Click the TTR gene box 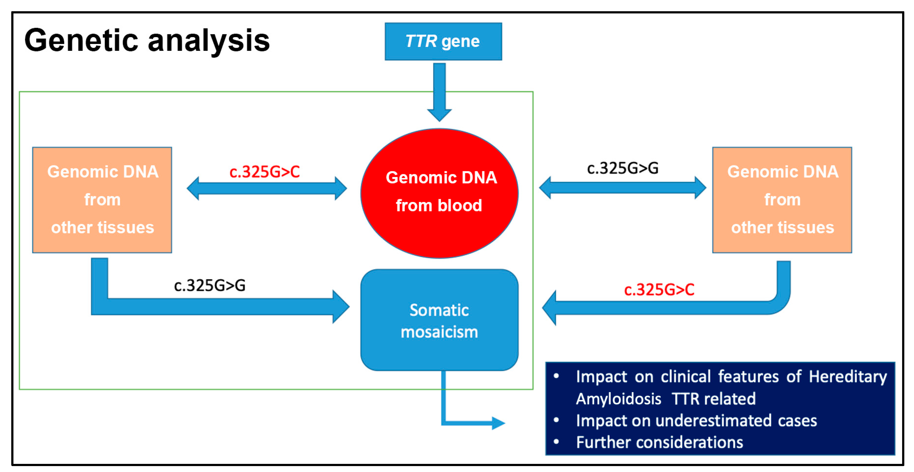pyautogui.click(x=443, y=42)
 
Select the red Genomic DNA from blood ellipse pyautogui.click(x=439, y=193)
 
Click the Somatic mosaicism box pyautogui.click(x=439, y=320)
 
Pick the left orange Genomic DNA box pyautogui.click(x=102, y=199)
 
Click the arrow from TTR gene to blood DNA pyautogui.click(x=439, y=92)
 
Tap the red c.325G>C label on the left pyautogui.click(x=264, y=172)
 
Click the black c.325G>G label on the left pyautogui.click(x=210, y=285)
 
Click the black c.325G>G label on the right pyautogui.click(x=623, y=168)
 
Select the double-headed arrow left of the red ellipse pyautogui.click(x=267, y=189)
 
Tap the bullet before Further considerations pyautogui.click(x=556, y=441)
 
